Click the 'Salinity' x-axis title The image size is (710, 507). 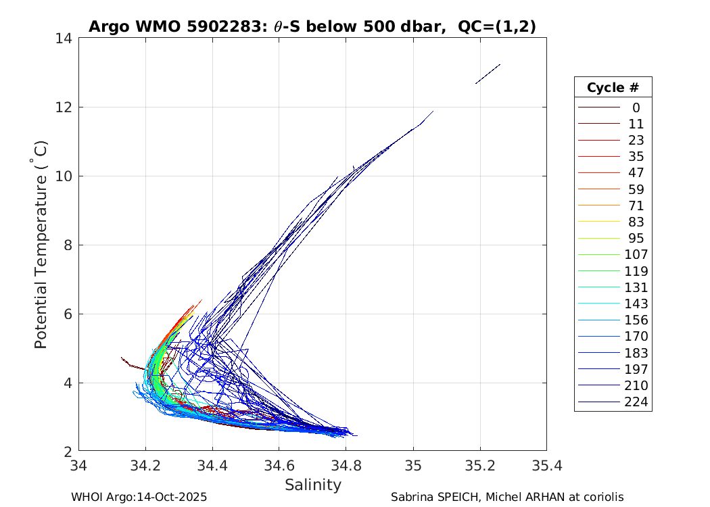tap(313, 485)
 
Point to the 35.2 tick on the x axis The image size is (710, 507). tap(480, 466)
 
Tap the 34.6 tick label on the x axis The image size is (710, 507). tap(279, 466)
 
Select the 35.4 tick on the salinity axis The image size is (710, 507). tap(546, 466)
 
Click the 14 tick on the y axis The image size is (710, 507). tap(65, 39)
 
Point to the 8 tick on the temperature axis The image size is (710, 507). tap(68, 245)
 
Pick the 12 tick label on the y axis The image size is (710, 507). tap(65, 107)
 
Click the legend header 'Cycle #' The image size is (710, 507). tap(613, 88)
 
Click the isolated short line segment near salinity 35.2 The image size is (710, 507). tap(488, 74)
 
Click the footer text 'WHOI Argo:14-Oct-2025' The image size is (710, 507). tap(139, 498)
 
